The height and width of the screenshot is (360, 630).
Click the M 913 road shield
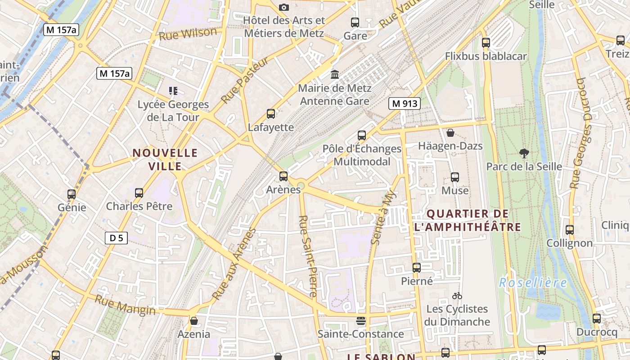404,103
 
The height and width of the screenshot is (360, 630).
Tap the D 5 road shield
116,238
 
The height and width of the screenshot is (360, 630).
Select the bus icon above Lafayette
271,114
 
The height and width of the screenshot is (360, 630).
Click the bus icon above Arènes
283,176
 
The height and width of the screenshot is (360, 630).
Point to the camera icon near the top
283,7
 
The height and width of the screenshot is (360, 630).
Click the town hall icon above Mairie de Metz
335,74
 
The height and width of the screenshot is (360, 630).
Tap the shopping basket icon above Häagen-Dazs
450,133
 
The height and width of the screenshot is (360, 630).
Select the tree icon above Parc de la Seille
524,153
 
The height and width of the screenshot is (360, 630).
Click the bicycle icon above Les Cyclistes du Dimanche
457,296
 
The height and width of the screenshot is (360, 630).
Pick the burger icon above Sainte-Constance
360,321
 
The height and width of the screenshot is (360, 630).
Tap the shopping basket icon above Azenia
193,321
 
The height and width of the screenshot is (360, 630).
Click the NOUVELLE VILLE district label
165,160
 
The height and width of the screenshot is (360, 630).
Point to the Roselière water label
533,283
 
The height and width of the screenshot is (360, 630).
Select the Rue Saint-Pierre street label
308,256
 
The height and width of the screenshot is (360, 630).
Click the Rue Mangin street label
125,305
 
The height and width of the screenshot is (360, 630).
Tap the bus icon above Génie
72,194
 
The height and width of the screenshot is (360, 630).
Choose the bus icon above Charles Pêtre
139,193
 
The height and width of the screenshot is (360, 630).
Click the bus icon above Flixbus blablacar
486,43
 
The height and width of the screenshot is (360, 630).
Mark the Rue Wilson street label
188,34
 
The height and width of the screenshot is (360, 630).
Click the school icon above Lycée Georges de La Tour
173,91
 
